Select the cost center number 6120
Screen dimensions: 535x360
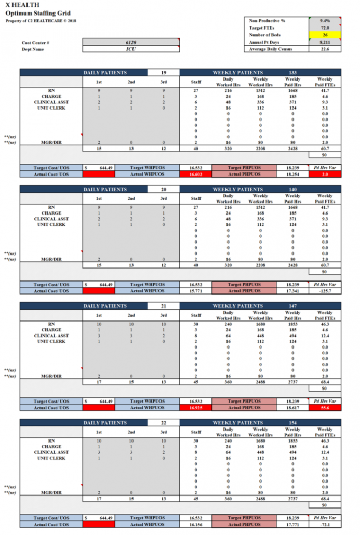pos(130,42)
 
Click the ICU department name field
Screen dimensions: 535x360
pos(130,49)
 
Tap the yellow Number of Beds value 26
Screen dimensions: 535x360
pos(325,35)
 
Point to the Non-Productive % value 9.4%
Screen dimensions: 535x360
pos(325,20)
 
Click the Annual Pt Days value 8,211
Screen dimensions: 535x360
pos(325,42)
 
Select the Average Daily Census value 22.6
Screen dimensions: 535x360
pos(325,49)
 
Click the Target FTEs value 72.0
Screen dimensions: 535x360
pos(325,28)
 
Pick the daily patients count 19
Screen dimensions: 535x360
pos(163,73)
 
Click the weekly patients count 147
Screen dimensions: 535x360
pos(292,306)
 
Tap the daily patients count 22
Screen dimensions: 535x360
pos(163,423)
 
